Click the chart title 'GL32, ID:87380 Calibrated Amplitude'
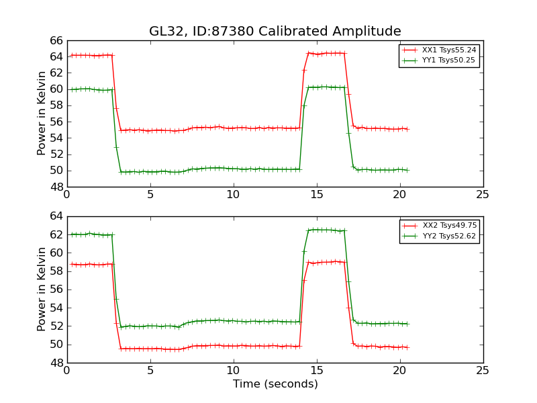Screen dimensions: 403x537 275,31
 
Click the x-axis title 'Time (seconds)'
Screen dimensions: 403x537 275,384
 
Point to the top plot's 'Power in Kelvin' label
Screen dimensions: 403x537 42,113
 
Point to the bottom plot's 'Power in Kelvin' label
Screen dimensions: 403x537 42,289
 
